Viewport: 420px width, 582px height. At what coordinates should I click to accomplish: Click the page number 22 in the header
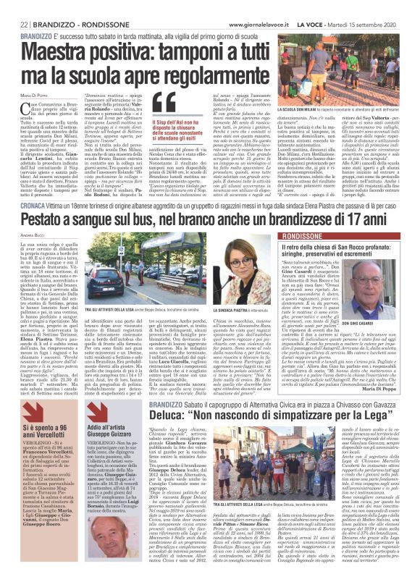pyautogui.click(x=14, y=24)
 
